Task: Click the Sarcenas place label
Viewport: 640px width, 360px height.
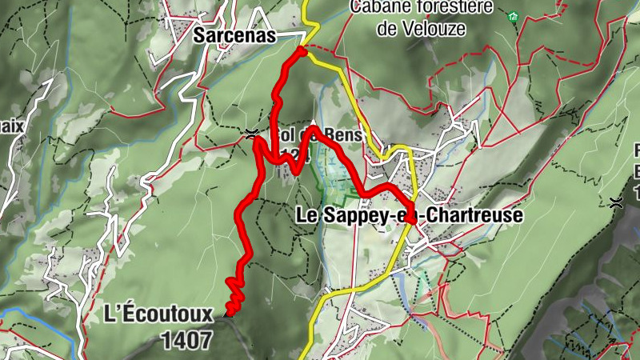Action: (234, 35)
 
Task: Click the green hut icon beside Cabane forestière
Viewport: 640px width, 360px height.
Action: (513, 15)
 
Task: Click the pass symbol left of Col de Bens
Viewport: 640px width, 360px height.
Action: (252, 133)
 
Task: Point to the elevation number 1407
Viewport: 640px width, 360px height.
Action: (186, 340)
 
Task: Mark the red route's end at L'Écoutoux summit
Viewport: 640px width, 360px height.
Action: (228, 314)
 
